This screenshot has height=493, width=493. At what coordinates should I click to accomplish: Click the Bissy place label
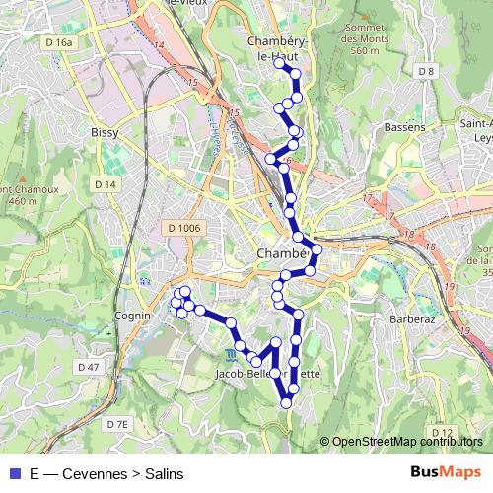tap(105, 131)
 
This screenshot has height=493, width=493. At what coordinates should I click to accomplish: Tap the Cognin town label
tap(131, 316)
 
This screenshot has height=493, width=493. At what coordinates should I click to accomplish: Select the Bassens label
tap(404, 127)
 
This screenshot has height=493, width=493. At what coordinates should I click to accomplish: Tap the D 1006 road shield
tap(184, 228)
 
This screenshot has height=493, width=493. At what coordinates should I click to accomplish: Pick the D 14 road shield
tap(106, 184)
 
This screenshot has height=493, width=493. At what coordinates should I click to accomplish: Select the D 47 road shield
tap(89, 367)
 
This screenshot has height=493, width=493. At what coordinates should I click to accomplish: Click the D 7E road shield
tap(117, 423)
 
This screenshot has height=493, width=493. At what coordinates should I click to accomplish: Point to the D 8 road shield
tap(426, 71)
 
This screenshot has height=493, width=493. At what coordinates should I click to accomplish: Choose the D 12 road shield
tap(441, 433)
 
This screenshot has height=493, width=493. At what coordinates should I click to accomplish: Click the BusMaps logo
tap(446, 472)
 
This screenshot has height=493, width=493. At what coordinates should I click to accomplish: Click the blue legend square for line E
tap(14, 473)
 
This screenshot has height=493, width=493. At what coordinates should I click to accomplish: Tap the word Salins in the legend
tap(164, 473)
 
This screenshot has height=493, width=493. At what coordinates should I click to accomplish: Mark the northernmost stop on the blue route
tap(280, 63)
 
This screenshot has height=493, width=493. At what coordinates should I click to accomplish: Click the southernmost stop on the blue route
tap(287, 402)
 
